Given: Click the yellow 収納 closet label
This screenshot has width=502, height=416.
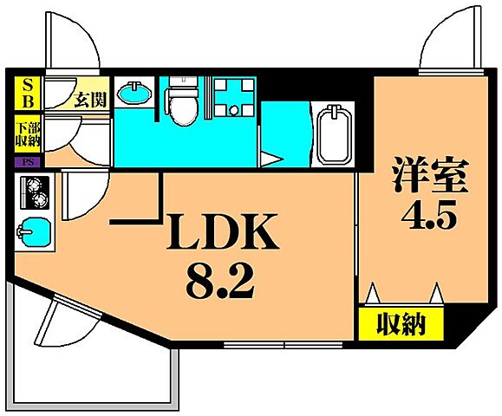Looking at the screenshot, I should click(x=401, y=325).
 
